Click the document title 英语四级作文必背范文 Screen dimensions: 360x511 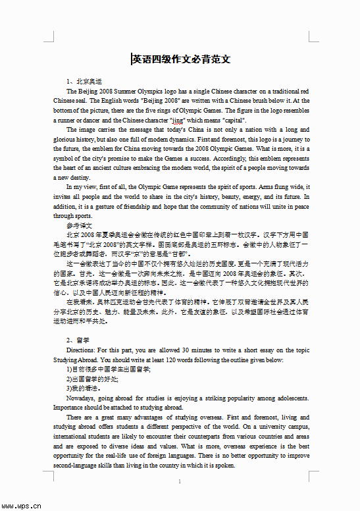pos(181,59)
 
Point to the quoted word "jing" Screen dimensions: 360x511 pos(177,121)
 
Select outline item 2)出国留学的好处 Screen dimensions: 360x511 pos(96,379)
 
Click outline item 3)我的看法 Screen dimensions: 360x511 pos(86,389)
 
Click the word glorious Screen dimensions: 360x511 pos(67,140)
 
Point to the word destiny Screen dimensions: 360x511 pos(77,178)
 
